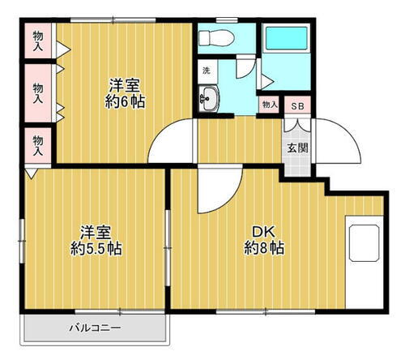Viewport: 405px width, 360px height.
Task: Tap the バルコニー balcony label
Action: point(95,328)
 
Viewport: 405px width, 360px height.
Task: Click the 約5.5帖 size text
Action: point(94,248)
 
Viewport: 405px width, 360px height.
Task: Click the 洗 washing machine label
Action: point(207,70)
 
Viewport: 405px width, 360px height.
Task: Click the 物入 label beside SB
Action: point(270,105)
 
